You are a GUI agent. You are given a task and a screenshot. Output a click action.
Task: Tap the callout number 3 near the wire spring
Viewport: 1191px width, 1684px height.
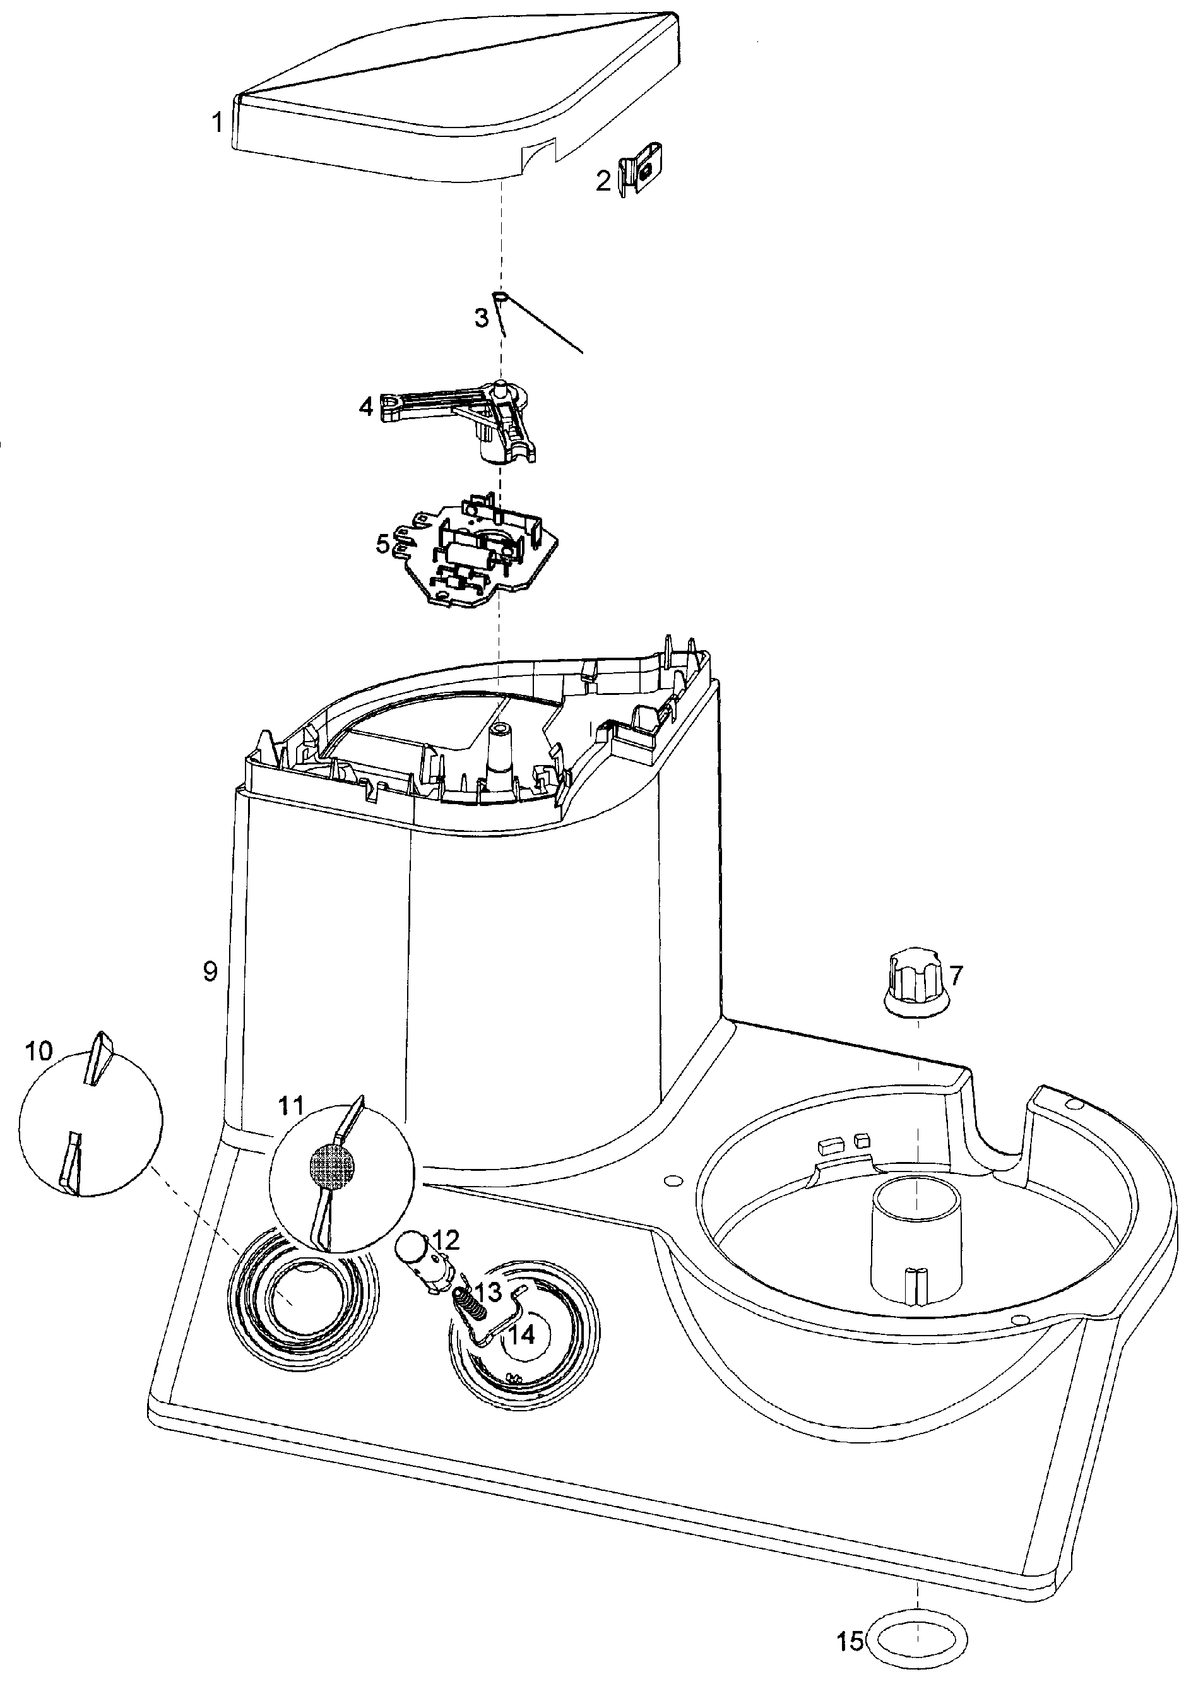coord(481,318)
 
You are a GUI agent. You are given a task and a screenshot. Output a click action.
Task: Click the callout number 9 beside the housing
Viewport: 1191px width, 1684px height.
coord(210,972)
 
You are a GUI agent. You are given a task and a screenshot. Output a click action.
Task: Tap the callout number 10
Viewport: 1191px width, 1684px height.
coord(39,1051)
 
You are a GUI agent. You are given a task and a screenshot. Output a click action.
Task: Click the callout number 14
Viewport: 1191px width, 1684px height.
coord(522,1336)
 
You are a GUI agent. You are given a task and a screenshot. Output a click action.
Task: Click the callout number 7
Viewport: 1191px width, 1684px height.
coord(956,976)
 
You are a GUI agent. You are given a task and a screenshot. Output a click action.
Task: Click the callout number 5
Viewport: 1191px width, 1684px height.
coord(383,544)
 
